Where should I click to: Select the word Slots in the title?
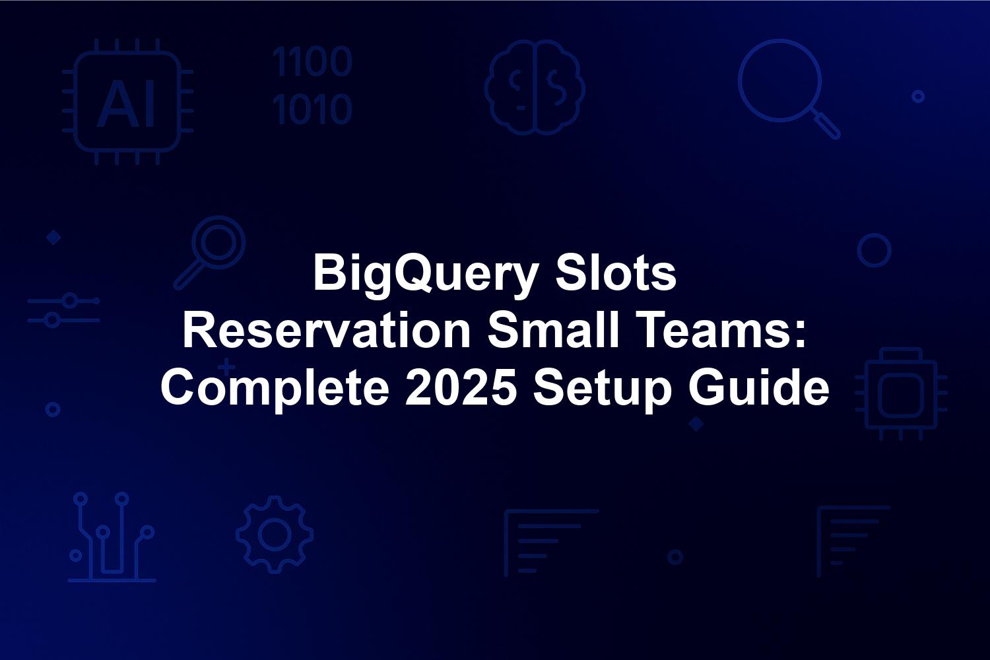pyautogui.click(x=615, y=273)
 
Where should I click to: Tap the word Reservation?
pyautogui.click(x=327, y=330)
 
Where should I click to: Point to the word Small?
pyautogui.click(x=553, y=330)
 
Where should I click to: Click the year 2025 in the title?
pyautogui.click(x=461, y=387)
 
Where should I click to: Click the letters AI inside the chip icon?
pyautogui.click(x=127, y=104)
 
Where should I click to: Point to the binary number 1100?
pyautogui.click(x=312, y=61)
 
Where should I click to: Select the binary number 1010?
pyautogui.click(x=312, y=109)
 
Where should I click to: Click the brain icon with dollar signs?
pyautogui.click(x=535, y=87)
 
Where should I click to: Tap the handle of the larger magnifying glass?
pyautogui.click(x=826, y=124)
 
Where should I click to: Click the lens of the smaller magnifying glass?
pyautogui.click(x=218, y=242)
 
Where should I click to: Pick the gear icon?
pyautogui.click(x=275, y=535)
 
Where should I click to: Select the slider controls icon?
pyautogui.click(x=63, y=310)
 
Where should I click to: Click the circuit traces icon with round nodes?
pyautogui.click(x=112, y=537)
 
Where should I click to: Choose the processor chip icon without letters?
pyautogui.click(x=901, y=394)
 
